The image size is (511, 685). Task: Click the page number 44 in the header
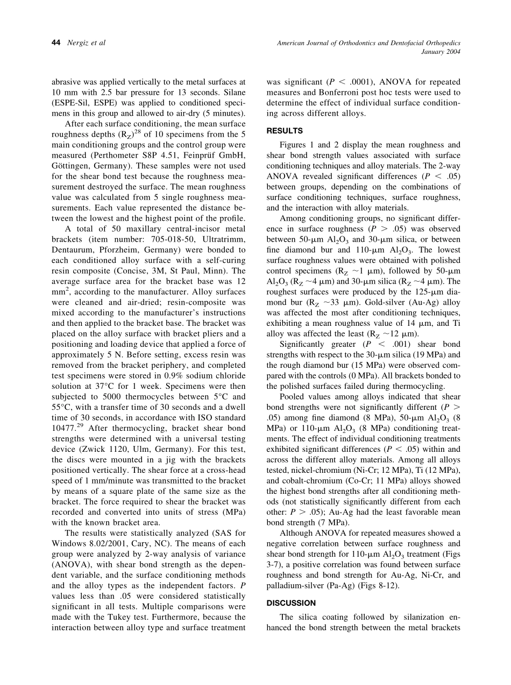(x=55, y=43)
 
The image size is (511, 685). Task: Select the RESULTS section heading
(x=285, y=131)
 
